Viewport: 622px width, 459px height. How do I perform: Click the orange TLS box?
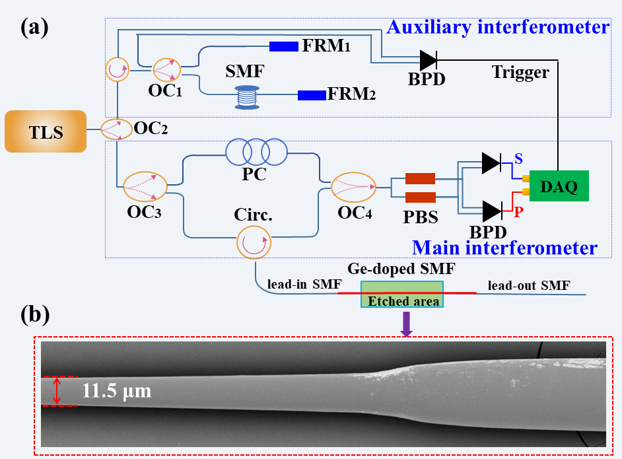click(45, 131)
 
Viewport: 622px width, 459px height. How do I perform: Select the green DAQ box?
click(558, 187)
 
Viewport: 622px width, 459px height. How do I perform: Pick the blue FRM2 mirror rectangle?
click(312, 96)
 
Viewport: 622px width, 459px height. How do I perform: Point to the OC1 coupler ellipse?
click(166, 69)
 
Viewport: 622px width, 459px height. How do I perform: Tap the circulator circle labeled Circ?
click(254, 241)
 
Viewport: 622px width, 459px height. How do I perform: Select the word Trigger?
click(520, 73)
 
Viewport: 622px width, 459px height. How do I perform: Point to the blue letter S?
click(519, 159)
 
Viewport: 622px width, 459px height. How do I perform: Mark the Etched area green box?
click(402, 295)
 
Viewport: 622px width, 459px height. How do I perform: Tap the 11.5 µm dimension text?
click(116, 391)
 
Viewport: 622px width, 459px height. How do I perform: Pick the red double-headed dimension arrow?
click(57, 390)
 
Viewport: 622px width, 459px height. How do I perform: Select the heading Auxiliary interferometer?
click(497, 28)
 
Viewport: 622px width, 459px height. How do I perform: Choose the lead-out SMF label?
click(528, 286)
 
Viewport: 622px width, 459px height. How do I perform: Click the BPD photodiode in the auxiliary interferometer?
click(428, 61)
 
